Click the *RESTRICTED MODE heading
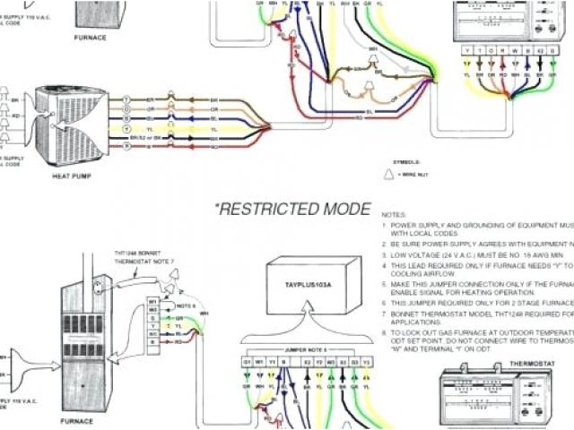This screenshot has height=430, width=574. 291,210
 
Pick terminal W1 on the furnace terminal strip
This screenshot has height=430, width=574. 153,301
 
